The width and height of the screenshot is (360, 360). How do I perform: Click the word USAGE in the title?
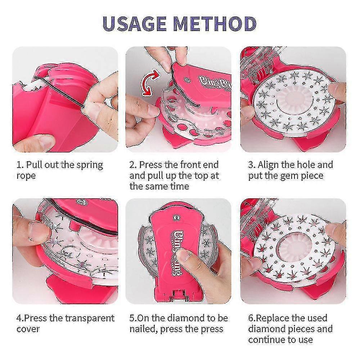135,24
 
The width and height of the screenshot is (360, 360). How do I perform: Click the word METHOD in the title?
215,24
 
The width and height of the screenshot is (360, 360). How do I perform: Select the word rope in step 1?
26,176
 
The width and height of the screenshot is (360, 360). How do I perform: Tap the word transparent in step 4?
90,319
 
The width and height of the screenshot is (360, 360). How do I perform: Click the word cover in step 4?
28,329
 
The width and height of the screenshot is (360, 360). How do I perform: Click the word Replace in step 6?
273,319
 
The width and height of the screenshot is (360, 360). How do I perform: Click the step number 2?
132,165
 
